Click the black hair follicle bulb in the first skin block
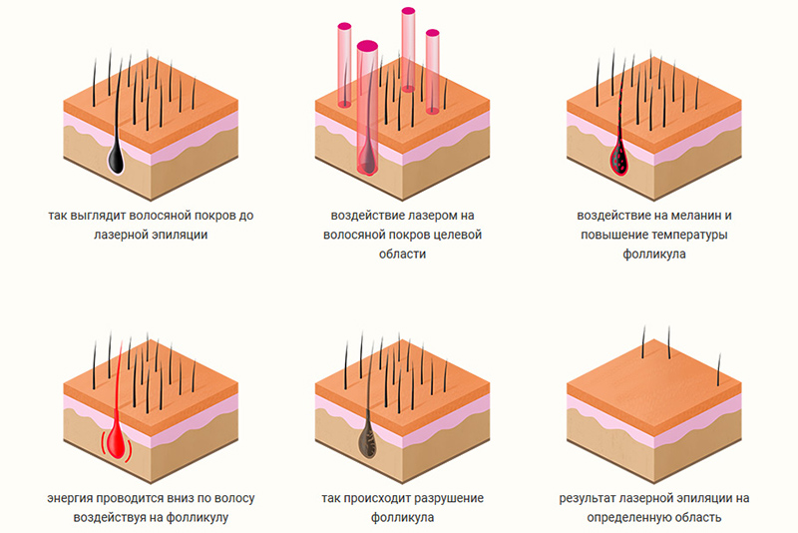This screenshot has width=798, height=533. pyautogui.click(x=116, y=158)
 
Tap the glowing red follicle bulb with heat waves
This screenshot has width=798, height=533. pyautogui.click(x=117, y=441)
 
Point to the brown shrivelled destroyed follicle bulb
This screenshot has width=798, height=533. pyautogui.click(x=367, y=440)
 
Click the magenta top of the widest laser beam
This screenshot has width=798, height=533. pyautogui.click(x=367, y=46)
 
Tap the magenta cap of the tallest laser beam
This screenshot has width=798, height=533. pyautogui.click(x=408, y=11)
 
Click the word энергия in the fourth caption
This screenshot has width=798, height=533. pyautogui.click(x=70, y=498)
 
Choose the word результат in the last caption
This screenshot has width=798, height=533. pyautogui.click(x=590, y=498)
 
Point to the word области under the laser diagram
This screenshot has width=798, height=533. pyautogui.click(x=402, y=255)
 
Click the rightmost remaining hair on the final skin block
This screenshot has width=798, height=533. pyautogui.click(x=719, y=370)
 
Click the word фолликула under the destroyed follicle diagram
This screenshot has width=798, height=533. pyautogui.click(x=403, y=518)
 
